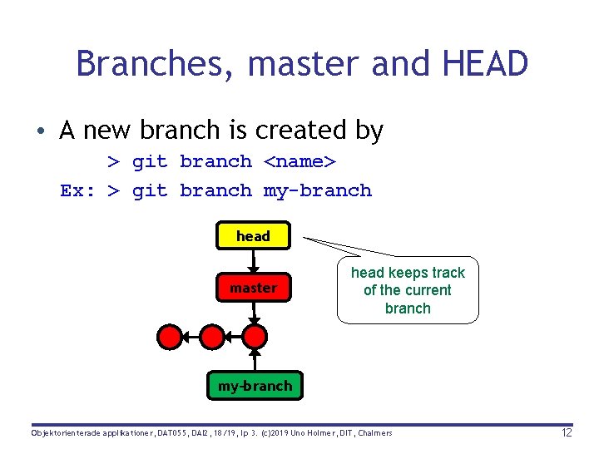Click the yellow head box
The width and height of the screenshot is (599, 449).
coord(253,236)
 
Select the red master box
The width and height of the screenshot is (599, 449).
coord(253,288)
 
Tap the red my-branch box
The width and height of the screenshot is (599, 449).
coord(255,386)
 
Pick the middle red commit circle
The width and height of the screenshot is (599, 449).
coord(213,336)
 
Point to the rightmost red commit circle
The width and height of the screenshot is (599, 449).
coord(255,336)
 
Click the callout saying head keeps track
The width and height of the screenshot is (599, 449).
coord(408,290)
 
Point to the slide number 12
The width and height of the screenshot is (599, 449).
coord(567,433)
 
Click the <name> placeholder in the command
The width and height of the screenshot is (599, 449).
coord(299,162)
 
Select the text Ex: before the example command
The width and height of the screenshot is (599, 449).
coord(78,191)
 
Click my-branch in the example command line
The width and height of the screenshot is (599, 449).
coord(318,191)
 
